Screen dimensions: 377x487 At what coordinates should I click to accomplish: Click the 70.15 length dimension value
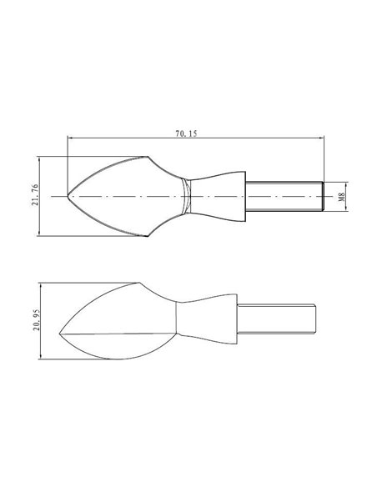[186, 133]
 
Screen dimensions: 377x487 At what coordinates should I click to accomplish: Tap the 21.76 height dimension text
[35, 195]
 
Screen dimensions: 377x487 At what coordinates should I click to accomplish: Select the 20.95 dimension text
[37, 319]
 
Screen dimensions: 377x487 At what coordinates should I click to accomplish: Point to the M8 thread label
[342, 197]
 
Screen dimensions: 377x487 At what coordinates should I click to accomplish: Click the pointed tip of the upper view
[68, 195]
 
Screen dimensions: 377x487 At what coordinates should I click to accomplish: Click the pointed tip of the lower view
[59, 334]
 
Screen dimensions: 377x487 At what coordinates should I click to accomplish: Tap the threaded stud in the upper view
[284, 196]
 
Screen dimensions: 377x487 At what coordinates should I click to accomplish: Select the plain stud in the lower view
[276, 319]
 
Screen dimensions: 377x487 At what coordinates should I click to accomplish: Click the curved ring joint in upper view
[186, 196]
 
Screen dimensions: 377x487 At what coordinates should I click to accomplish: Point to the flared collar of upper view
[218, 196]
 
